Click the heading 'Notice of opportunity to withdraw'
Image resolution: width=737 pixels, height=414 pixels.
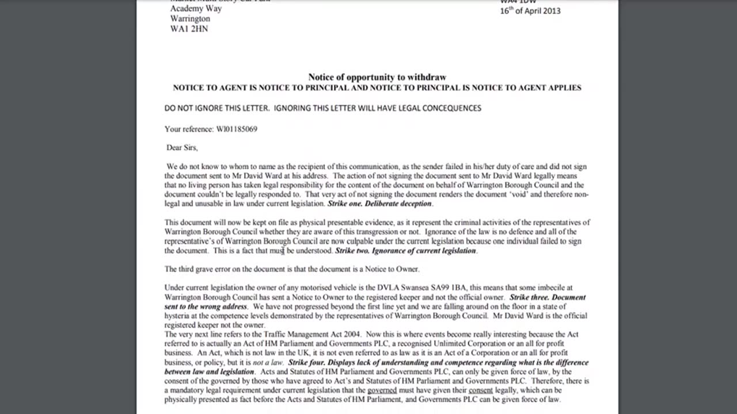click(377, 77)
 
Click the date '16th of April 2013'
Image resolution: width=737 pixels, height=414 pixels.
click(530, 10)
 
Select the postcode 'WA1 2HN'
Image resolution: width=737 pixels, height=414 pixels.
click(189, 29)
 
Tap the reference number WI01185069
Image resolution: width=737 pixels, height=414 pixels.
click(237, 129)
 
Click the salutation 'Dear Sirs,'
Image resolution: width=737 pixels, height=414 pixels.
click(182, 148)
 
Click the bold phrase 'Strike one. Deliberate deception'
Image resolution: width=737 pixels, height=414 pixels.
click(379, 204)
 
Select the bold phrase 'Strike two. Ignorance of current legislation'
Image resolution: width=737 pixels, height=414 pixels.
click(405, 251)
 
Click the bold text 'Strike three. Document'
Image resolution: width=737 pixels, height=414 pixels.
click(548, 297)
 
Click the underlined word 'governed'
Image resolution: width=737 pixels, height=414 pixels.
click(382, 390)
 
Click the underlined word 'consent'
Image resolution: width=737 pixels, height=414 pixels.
click(481, 390)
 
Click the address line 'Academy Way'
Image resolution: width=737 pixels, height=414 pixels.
click(196, 9)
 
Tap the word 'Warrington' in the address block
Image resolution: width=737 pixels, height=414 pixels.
click(190, 18)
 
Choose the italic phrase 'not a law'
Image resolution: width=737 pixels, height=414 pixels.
click(268, 362)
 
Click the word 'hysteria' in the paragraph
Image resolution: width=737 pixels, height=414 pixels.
click(178, 316)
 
